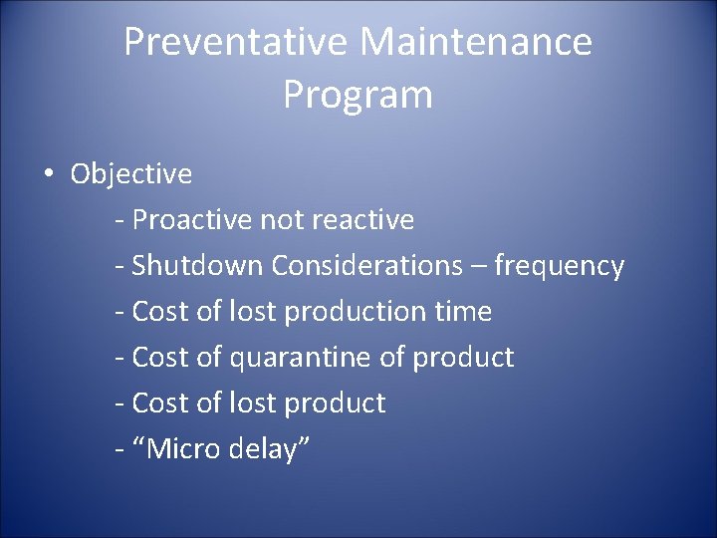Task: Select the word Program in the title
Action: tap(358, 95)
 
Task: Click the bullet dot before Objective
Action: tap(49, 175)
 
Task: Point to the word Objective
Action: tap(131, 174)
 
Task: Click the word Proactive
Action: tap(192, 219)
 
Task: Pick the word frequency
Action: tap(560, 266)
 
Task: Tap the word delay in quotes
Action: tap(266, 449)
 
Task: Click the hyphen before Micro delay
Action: tap(119, 450)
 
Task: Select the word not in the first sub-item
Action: tap(281, 219)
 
